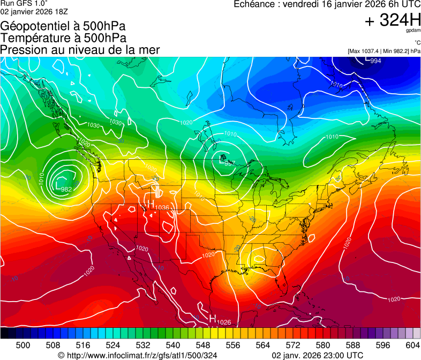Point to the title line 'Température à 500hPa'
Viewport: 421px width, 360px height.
click(x=63, y=38)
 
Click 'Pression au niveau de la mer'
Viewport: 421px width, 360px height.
click(x=80, y=50)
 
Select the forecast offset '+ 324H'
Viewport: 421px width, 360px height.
click(x=392, y=20)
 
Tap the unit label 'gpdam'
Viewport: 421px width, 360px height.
click(x=414, y=32)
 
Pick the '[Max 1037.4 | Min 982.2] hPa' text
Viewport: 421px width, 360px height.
click(x=384, y=51)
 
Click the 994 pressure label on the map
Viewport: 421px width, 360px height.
click(x=376, y=61)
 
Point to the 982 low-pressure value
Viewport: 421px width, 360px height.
click(x=66, y=189)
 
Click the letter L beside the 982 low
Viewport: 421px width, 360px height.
click(x=58, y=185)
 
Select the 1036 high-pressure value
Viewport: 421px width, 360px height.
click(x=162, y=207)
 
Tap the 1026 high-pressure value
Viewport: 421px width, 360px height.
click(x=224, y=322)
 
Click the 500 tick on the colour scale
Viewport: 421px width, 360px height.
click(x=23, y=345)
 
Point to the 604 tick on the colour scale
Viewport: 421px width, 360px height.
click(x=413, y=345)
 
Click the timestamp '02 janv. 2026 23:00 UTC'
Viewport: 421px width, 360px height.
click(x=318, y=355)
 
